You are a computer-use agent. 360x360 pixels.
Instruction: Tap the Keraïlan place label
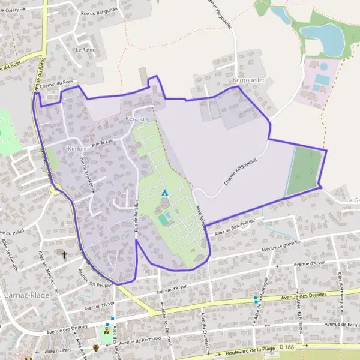(137, 119)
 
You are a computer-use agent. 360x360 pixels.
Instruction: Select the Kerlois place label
(79, 148)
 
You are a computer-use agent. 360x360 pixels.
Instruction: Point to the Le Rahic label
(85, 49)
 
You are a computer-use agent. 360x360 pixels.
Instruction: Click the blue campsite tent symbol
(164, 193)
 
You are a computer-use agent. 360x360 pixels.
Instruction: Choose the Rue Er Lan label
(102, 143)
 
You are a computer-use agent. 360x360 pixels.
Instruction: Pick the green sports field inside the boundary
(304, 171)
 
